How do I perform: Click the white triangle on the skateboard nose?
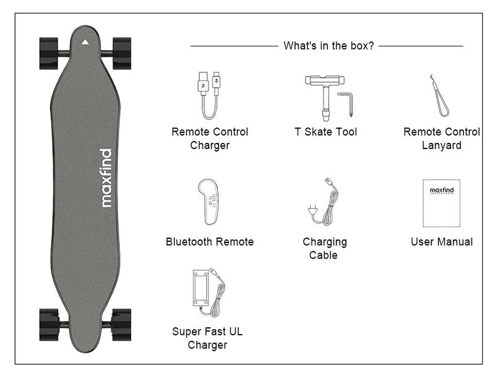pyautogui.click(x=85, y=42)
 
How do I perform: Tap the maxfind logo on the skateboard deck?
pyautogui.click(x=106, y=178)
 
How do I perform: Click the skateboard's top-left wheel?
pyautogui.click(x=49, y=53)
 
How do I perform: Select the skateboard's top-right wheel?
pyautogui.click(x=122, y=53)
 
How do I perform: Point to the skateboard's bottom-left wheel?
pyautogui.click(x=49, y=325)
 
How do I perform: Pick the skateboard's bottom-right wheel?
pyautogui.click(x=121, y=325)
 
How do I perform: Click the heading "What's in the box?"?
pyautogui.click(x=329, y=46)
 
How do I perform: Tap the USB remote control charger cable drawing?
pyautogui.click(x=209, y=95)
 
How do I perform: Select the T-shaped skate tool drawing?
pyautogui.click(x=324, y=98)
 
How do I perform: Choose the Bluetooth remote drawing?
pyautogui.click(x=209, y=202)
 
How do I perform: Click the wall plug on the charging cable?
pyautogui.click(x=312, y=210)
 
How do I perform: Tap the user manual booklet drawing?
pyautogui.click(x=442, y=203)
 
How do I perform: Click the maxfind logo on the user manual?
pyautogui.click(x=442, y=191)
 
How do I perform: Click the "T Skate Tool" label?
pyautogui.click(x=325, y=132)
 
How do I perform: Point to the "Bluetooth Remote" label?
pyautogui.click(x=210, y=242)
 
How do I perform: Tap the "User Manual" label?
pyautogui.click(x=442, y=242)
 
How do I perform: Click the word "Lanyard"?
pyautogui.click(x=442, y=145)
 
